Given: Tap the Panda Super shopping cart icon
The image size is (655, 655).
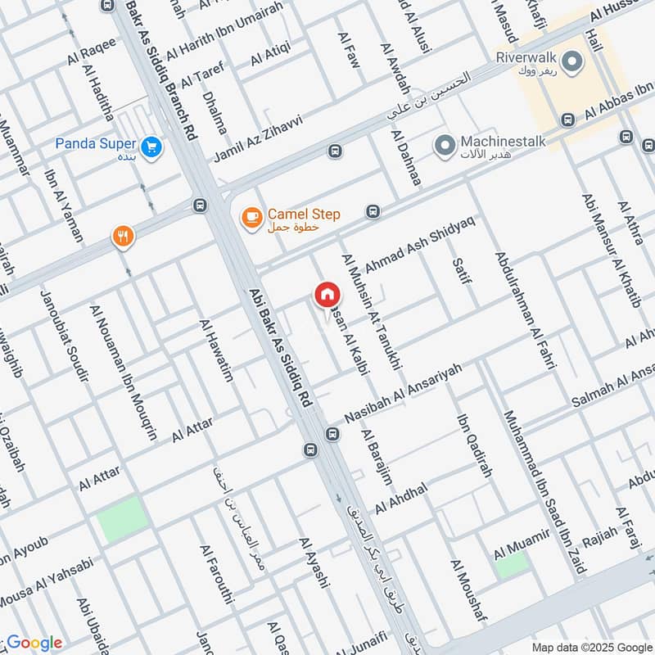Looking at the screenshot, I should click(151, 147).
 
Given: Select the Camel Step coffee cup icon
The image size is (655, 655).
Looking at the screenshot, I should click(251, 218).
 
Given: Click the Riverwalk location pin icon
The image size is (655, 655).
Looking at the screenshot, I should click(573, 61).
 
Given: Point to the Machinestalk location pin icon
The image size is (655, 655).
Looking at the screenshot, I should click(445, 146).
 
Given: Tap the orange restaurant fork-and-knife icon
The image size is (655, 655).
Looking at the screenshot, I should click(123, 237).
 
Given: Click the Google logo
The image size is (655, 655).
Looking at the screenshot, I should click(34, 643).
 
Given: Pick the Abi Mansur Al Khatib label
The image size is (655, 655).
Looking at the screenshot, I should click(611, 251).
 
